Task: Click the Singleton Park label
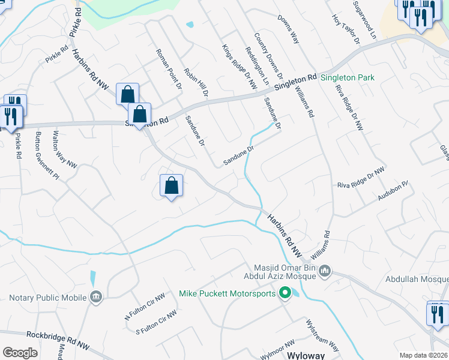coord(348,78)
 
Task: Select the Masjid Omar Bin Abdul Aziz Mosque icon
coord(325,271)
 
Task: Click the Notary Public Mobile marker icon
coord(96,296)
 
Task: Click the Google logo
coord(20,352)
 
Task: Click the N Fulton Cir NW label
coord(144,307)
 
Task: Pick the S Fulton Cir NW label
coord(156,321)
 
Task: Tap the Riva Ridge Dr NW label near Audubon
coord(360,178)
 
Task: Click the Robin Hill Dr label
coord(196,82)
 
